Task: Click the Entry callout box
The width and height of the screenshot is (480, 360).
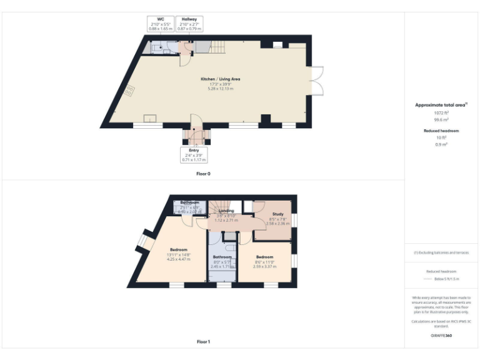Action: tap(194, 155)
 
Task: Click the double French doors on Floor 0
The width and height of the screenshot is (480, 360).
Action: tap(317, 81)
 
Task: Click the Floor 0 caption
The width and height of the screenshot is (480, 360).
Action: tap(203, 173)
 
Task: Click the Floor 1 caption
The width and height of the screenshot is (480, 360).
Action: tap(203, 342)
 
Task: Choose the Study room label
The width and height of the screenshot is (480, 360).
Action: tap(277, 215)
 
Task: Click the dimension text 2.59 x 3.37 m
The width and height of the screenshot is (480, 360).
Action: tap(264, 266)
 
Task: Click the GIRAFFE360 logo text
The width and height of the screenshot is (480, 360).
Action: tap(441, 336)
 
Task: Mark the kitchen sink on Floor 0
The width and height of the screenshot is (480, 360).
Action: tap(150, 118)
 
